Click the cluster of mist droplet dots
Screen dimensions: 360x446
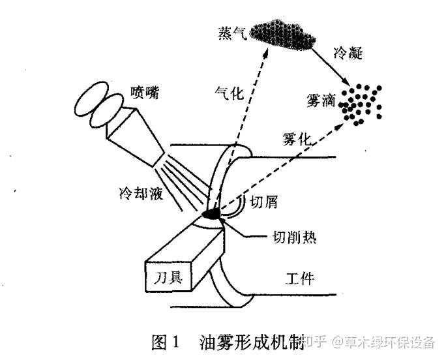click(x=361, y=103)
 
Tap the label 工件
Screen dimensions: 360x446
click(x=300, y=278)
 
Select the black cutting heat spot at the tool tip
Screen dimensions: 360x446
click(x=213, y=213)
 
